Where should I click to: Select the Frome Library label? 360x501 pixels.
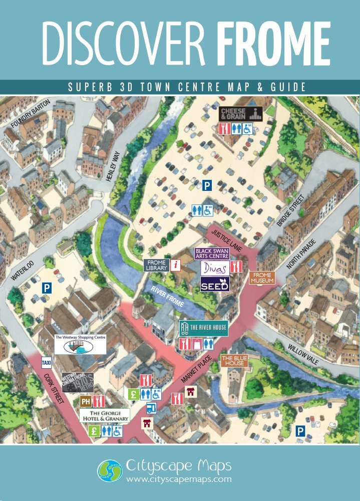pyautogui.click(x=156, y=265)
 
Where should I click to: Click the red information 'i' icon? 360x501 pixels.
pyautogui.click(x=175, y=265)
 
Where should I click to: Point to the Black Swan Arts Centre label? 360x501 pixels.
pyautogui.click(x=211, y=253)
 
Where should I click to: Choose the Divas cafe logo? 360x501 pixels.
pyautogui.click(x=215, y=268)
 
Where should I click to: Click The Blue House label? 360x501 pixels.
pyautogui.click(x=234, y=360)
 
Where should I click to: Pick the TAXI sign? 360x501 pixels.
pyautogui.click(x=46, y=362)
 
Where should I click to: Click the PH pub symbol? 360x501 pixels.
pyautogui.click(x=85, y=401)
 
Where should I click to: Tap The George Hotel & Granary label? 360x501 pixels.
pyautogui.click(x=105, y=415)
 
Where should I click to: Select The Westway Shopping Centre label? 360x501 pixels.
pyautogui.click(x=80, y=345)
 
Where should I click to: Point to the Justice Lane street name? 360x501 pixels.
pyautogui.click(x=227, y=240)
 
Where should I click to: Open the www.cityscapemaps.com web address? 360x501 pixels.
pyautogui.click(x=179, y=479)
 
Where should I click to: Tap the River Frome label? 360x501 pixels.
pyautogui.click(x=167, y=296)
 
